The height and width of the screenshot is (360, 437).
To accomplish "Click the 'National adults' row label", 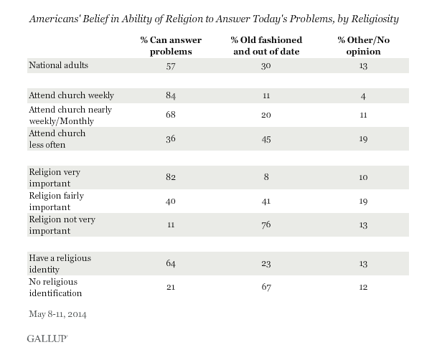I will pyautogui.click(x=57, y=65).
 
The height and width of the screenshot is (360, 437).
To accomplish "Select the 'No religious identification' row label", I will pyautogui.click(x=60, y=288).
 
